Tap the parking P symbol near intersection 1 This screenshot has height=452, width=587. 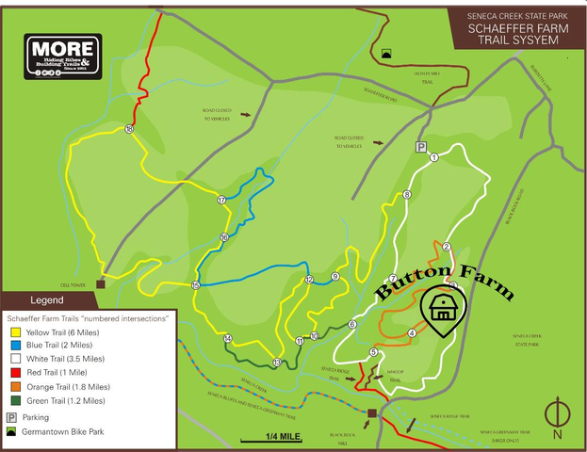tap(421, 147)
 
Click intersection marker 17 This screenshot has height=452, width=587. tap(222, 200)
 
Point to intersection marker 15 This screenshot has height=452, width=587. tap(196, 285)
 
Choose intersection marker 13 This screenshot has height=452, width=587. tap(276, 363)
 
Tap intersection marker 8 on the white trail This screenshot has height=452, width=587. tap(407, 195)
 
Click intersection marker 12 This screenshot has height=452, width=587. tap(308, 280)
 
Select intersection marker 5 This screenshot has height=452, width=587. tap(373, 352)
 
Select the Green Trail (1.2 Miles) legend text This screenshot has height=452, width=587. tap(61, 399)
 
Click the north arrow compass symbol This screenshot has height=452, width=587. tap(557, 414)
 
